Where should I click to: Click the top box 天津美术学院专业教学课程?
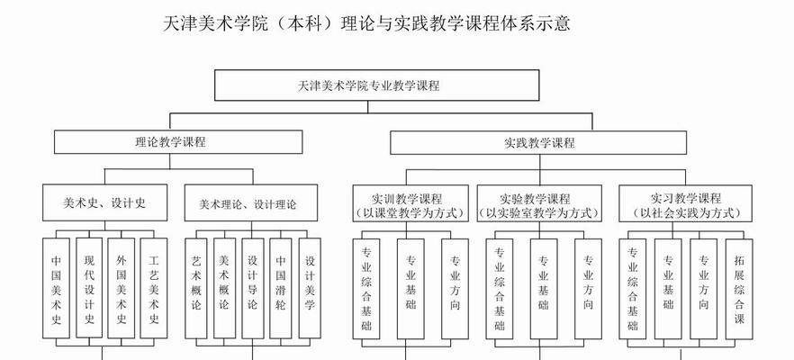click(376, 85)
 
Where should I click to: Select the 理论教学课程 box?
click(178, 142)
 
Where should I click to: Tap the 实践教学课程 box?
click(538, 142)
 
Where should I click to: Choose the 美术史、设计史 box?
click(104, 202)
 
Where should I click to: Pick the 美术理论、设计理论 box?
click(250, 203)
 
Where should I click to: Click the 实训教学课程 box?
click(411, 203)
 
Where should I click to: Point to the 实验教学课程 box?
click(539, 203)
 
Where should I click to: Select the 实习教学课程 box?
click(685, 203)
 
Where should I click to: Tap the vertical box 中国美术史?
click(56, 288)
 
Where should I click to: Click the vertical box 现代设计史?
click(89, 288)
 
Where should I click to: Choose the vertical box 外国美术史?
click(122, 288)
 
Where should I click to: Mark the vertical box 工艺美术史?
click(154, 288)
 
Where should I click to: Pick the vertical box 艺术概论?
click(196, 288)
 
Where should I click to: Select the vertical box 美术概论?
click(224, 288)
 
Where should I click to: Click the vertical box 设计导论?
click(253, 288)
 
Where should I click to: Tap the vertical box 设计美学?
click(310, 288)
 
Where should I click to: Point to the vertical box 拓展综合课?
click(739, 289)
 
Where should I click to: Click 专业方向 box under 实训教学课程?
click(455, 289)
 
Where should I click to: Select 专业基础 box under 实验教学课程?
click(544, 289)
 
